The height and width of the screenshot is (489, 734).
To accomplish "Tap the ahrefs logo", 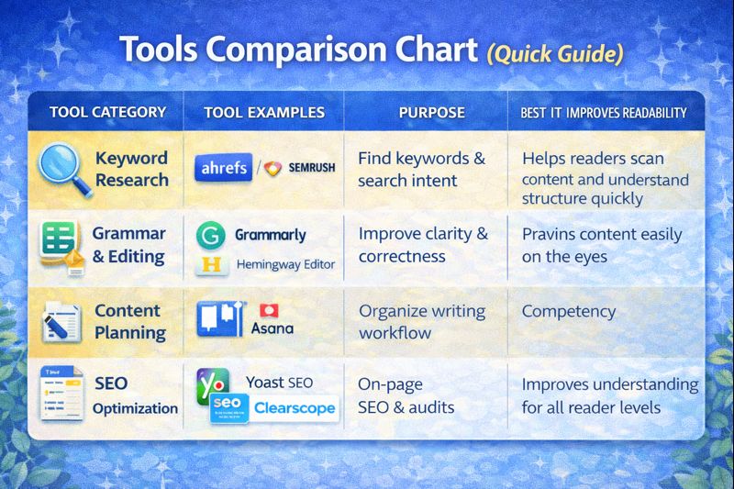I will [223, 170].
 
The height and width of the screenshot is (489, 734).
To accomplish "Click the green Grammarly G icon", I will [211, 235].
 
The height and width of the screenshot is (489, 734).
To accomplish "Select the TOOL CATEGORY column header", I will [107, 113].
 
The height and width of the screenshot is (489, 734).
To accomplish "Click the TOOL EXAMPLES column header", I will [264, 113].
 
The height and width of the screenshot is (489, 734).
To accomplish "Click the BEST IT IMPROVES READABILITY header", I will [604, 113].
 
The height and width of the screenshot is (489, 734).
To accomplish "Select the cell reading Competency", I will [569, 311].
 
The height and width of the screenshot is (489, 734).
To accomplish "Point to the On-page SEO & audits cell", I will [407, 395].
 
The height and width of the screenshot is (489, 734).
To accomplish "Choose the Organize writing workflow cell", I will [422, 322].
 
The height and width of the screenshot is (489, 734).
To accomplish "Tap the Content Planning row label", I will [129, 321].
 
